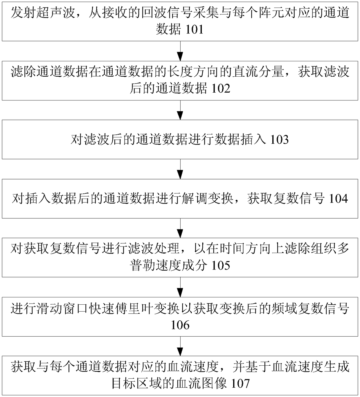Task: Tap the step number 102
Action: pyautogui.click(x=221, y=89)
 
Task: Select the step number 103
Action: pyautogui.click(x=279, y=140)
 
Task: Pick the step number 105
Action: pyautogui.click(x=221, y=265)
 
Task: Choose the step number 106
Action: pyautogui.click(x=180, y=325)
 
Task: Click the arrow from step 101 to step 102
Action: pyautogui.click(x=180, y=51)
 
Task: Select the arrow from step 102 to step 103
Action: pyautogui.click(x=180, y=110)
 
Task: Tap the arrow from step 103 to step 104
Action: pyautogui.click(x=180, y=169)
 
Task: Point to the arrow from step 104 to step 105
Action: pyautogui.click(x=180, y=228)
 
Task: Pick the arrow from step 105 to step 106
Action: pyautogui.click(x=180, y=287)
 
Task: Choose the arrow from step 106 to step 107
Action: pyautogui.click(x=180, y=346)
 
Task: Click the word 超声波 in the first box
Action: pyautogui.click(x=56, y=13)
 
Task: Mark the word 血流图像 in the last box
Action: pyautogui.click(x=201, y=383)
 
